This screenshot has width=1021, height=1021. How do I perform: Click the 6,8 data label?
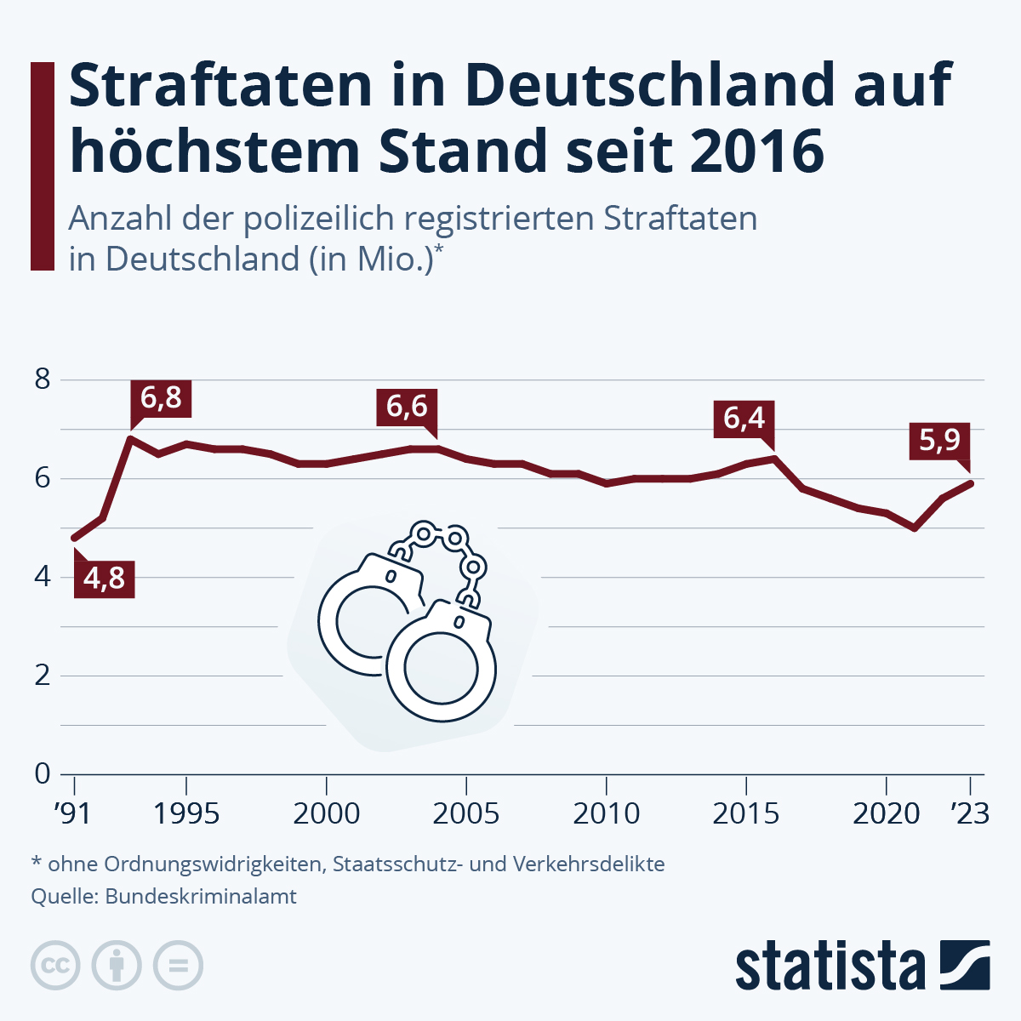pos(161,398)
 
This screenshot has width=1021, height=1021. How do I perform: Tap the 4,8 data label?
pos(104,579)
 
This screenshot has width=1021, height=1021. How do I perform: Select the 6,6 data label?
pos(407,407)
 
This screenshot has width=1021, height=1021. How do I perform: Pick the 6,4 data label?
pos(744,419)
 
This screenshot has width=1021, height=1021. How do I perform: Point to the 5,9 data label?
pos(939,440)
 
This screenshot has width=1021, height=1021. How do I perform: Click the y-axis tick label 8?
pos(43,379)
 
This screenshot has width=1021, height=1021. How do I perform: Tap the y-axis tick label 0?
pos(43,774)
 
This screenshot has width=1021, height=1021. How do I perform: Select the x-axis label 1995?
pos(186,813)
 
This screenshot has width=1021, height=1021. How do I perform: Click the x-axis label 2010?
pos(606,813)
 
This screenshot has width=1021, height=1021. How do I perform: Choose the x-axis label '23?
pos(969,813)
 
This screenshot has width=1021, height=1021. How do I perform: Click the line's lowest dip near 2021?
pos(915,528)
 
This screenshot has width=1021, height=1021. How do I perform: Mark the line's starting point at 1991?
pos(75,538)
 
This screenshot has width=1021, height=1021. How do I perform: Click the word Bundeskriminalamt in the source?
pos(201,896)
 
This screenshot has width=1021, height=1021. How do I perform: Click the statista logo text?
pos(830,966)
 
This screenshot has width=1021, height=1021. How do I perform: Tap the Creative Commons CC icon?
pos(55,966)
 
